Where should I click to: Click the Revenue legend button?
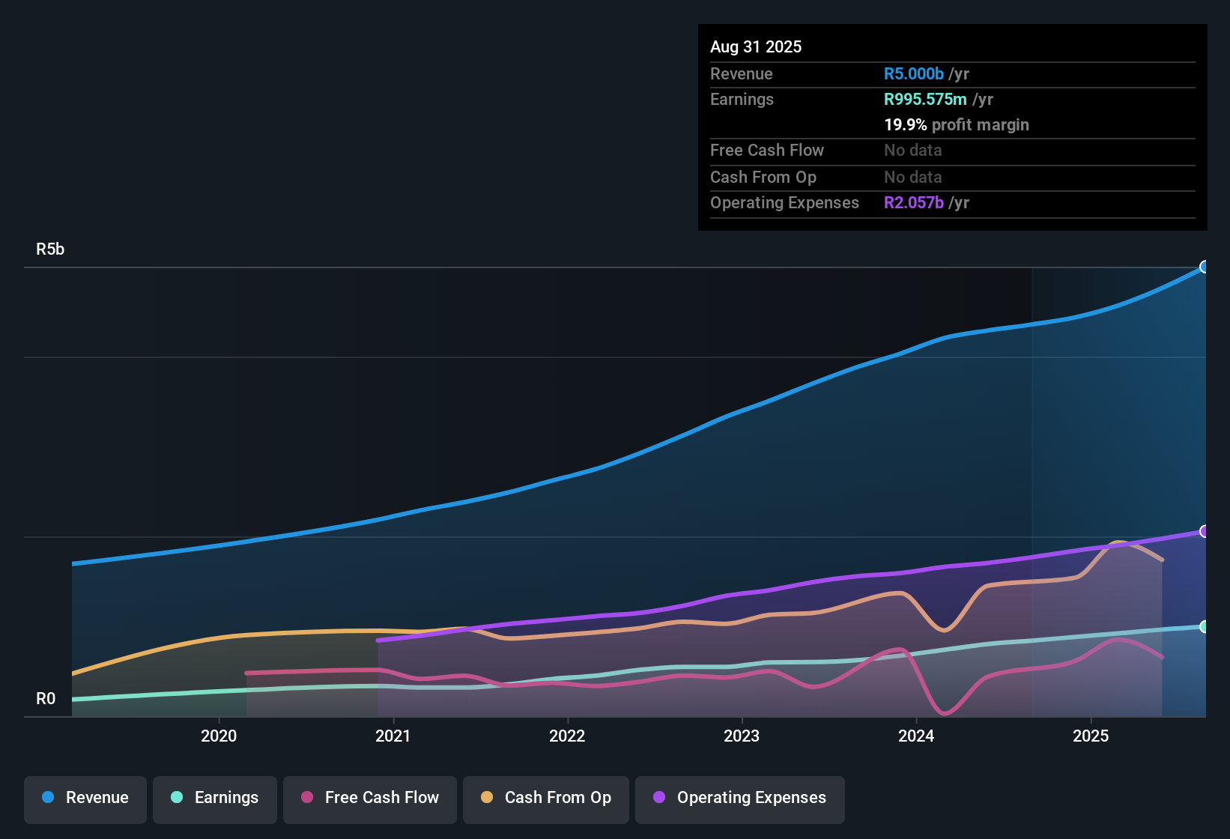pos(85,798)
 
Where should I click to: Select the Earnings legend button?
pos(215,798)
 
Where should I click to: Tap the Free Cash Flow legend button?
pos(370,798)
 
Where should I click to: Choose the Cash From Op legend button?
pos(546,798)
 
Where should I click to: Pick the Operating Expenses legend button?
pos(740,798)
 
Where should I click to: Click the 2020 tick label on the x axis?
pos(219,736)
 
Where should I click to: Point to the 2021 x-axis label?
pos(393,736)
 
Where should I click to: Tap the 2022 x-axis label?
pos(567,736)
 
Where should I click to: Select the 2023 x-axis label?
pos(742,736)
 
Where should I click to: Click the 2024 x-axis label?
pos(916,736)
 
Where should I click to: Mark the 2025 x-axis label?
pos(1091,736)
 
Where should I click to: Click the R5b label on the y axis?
pos(50,249)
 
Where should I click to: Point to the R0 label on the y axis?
pos(46,699)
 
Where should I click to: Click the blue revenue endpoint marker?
pos(1205,267)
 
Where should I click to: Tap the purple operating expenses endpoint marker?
pos(1205,531)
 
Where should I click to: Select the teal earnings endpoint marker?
pos(1205,627)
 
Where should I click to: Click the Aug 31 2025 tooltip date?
pos(756,46)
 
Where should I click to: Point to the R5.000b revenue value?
pos(914,73)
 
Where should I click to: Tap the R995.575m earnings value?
pos(925,99)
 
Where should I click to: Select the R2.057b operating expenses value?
pos(914,202)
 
